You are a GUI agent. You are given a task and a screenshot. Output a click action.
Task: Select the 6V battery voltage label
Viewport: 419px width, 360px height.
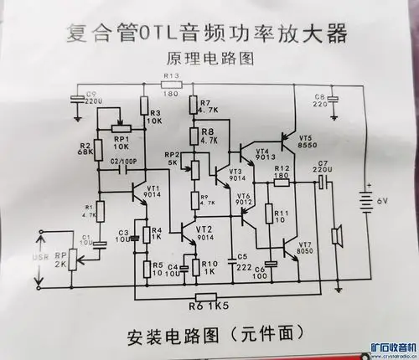coord(383,224)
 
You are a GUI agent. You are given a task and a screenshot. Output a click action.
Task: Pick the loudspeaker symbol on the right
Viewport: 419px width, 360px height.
coord(339,237)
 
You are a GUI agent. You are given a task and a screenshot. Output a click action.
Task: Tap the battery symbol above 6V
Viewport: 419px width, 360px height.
coord(369,200)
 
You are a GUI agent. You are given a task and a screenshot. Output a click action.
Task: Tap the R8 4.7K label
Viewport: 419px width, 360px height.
coord(209,136)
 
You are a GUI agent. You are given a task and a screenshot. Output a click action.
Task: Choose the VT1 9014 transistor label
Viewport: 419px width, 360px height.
coord(153,192)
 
